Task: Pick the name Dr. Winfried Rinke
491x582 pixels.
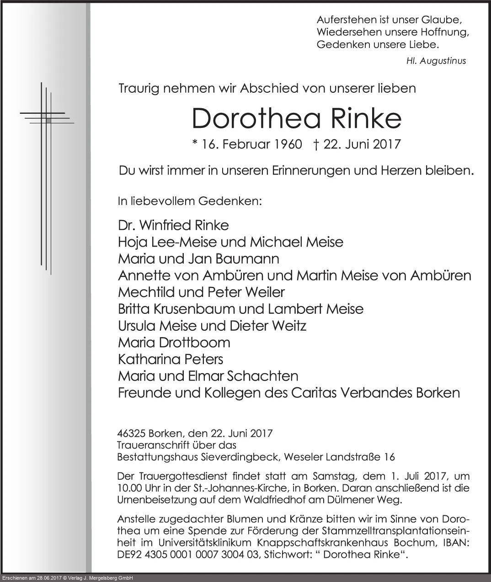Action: pos(173,225)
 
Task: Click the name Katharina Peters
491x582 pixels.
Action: pos(171,359)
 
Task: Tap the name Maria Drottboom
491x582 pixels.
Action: pos(174,342)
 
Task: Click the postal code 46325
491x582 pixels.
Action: pos(131,433)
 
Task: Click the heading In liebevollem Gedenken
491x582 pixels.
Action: pos(190,201)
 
